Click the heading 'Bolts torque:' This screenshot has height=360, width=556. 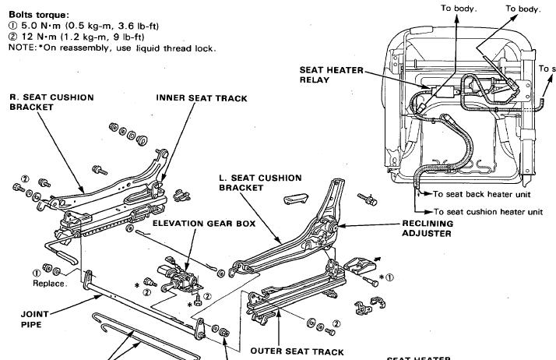pos(38,15)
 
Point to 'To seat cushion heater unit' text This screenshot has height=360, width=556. pos(488,211)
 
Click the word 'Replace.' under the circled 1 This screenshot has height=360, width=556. pos(49,284)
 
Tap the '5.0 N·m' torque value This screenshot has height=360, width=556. pos(39,26)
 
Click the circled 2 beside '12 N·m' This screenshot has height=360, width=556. pos(12,37)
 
